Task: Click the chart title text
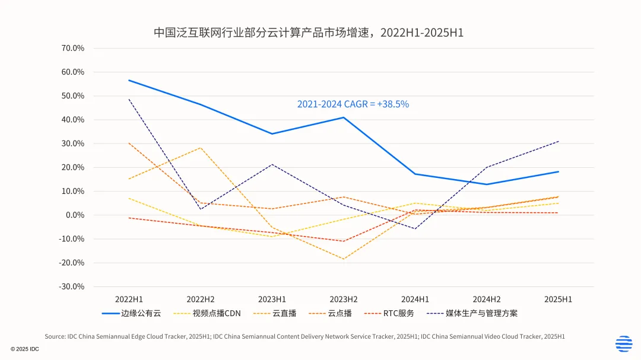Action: (x=309, y=33)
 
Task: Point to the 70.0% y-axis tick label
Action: (x=73, y=48)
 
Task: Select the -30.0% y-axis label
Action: (x=72, y=286)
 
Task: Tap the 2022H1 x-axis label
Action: (x=129, y=299)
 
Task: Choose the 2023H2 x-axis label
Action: (x=343, y=299)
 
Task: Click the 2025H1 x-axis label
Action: (x=558, y=299)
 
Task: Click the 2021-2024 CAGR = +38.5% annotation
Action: (x=353, y=104)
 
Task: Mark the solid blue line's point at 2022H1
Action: (x=129, y=80)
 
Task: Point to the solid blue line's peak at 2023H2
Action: (x=343, y=117)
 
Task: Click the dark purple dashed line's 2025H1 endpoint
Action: (x=558, y=141)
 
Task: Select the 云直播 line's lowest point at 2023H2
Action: (x=343, y=259)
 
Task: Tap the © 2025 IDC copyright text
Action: (x=24, y=349)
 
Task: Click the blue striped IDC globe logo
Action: (x=624, y=343)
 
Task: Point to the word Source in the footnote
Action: (x=55, y=336)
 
